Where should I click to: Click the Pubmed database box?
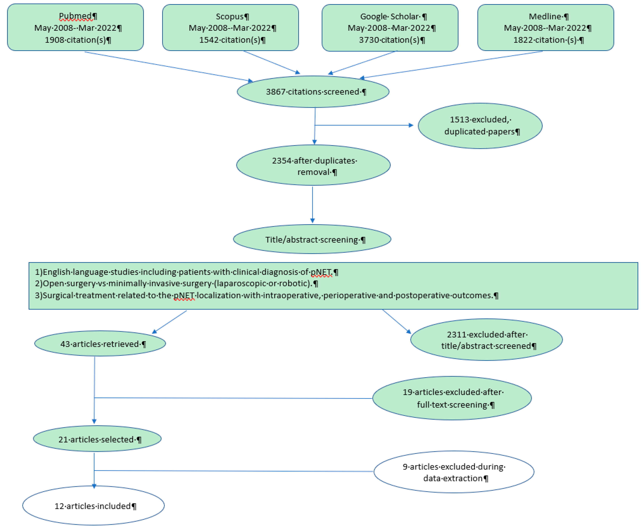75,27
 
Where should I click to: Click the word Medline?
545,16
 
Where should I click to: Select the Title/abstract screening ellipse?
312,239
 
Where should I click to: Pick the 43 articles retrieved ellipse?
100,344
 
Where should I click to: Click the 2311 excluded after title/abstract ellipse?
486,340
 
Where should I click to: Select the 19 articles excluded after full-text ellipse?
452,398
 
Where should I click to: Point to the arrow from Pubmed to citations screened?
168,66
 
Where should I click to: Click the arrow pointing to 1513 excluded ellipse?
364,125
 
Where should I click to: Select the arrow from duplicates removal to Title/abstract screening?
312,205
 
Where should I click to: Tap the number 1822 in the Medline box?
522,40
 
